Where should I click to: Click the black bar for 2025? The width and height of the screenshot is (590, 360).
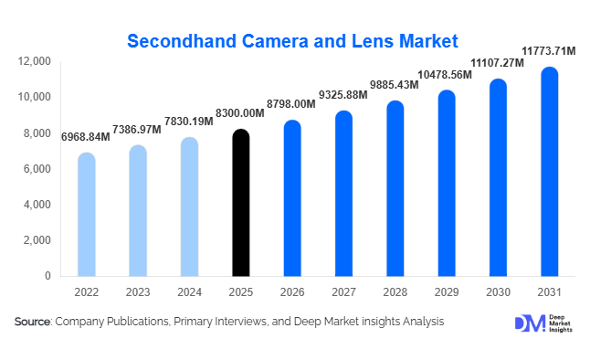240,203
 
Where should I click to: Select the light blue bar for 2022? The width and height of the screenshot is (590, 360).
86,215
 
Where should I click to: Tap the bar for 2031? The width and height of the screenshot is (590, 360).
549,172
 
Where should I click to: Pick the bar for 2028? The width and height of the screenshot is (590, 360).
395,188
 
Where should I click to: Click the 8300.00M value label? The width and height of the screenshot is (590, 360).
239,113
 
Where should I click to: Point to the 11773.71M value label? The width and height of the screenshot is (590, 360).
548,51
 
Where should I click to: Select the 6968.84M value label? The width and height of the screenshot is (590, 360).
86,137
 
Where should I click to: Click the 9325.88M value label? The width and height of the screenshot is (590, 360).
342,95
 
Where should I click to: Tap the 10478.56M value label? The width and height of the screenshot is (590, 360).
446,74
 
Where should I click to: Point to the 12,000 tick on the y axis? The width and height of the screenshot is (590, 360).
36,61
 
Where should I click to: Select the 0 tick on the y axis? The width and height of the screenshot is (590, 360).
48,276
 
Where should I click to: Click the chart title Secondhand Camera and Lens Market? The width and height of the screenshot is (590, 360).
292,41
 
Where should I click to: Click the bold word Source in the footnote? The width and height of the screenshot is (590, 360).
33,322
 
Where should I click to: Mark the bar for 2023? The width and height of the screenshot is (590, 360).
137,210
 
